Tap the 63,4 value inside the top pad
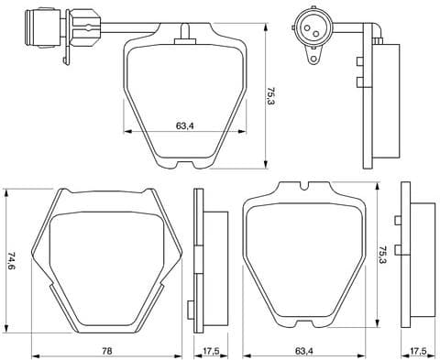coord(184,127)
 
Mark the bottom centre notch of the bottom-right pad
coord(303,328)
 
